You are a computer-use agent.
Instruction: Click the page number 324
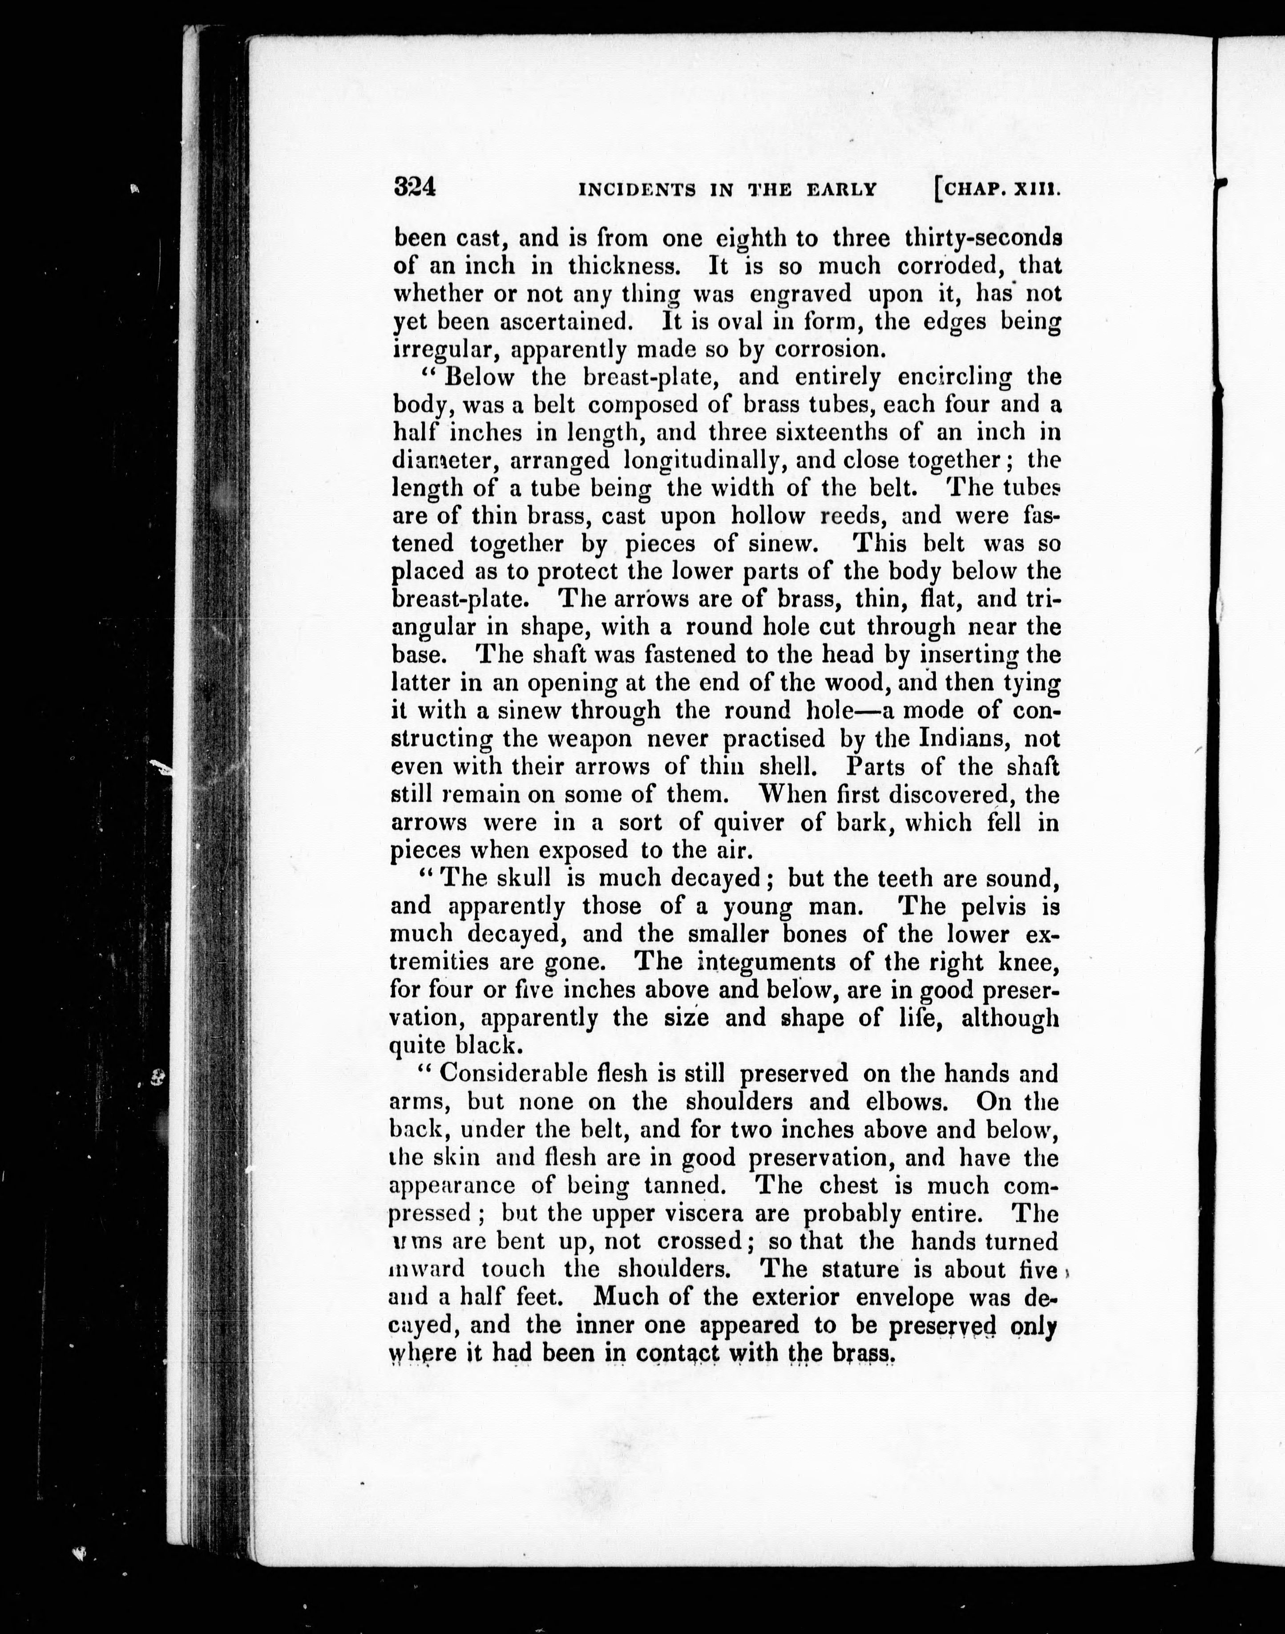tap(415, 186)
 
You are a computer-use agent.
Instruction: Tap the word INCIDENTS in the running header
tap(636, 190)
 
